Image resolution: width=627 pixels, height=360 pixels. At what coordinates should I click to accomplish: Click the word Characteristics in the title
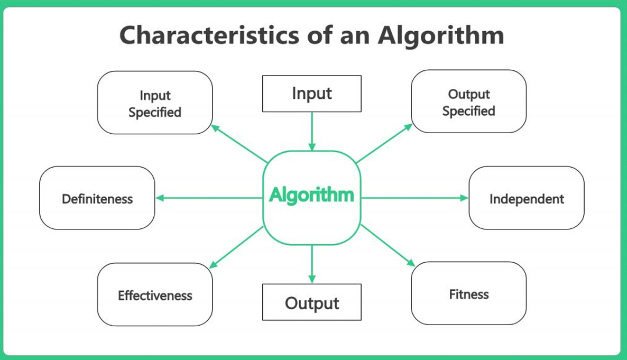coord(209,35)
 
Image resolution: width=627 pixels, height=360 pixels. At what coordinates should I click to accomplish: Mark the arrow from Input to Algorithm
coord(312,131)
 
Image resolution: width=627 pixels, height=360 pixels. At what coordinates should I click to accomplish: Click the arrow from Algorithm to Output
coord(312,264)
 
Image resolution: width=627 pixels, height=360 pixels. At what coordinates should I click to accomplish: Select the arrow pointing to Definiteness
coord(209,198)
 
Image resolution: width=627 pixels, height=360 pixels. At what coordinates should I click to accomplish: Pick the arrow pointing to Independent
coord(414,198)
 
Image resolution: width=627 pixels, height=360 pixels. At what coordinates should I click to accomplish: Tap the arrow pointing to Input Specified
coord(239,144)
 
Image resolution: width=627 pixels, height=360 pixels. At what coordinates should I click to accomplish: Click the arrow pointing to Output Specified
coord(384,143)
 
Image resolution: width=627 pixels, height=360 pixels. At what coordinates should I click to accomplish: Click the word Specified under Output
coord(468,111)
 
